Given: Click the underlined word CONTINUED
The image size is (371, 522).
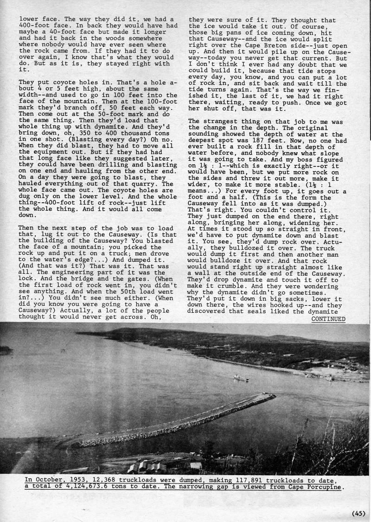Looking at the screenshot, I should click(328, 319).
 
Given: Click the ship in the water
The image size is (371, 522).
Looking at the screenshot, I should click(241, 378).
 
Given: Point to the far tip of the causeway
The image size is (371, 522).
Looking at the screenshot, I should click(272, 396).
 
